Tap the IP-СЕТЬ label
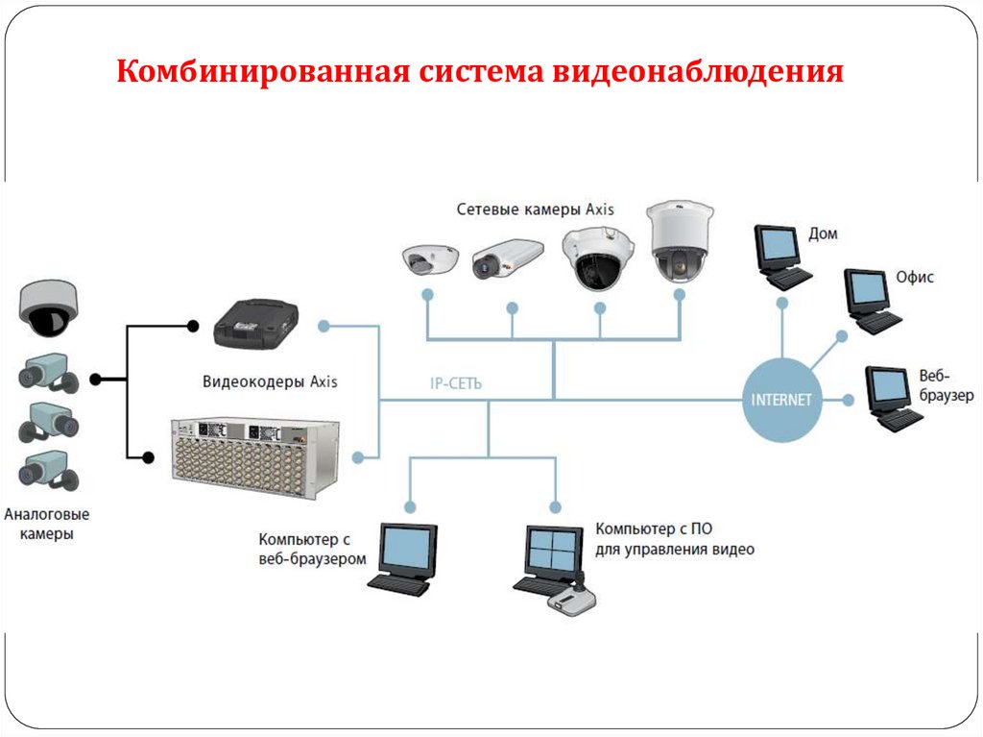[456, 383]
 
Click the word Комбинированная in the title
[261, 73]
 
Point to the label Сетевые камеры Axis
[535, 209]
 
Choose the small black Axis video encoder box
[254, 323]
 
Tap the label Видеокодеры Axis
[270, 381]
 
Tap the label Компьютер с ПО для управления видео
[674, 539]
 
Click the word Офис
[915, 277]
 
